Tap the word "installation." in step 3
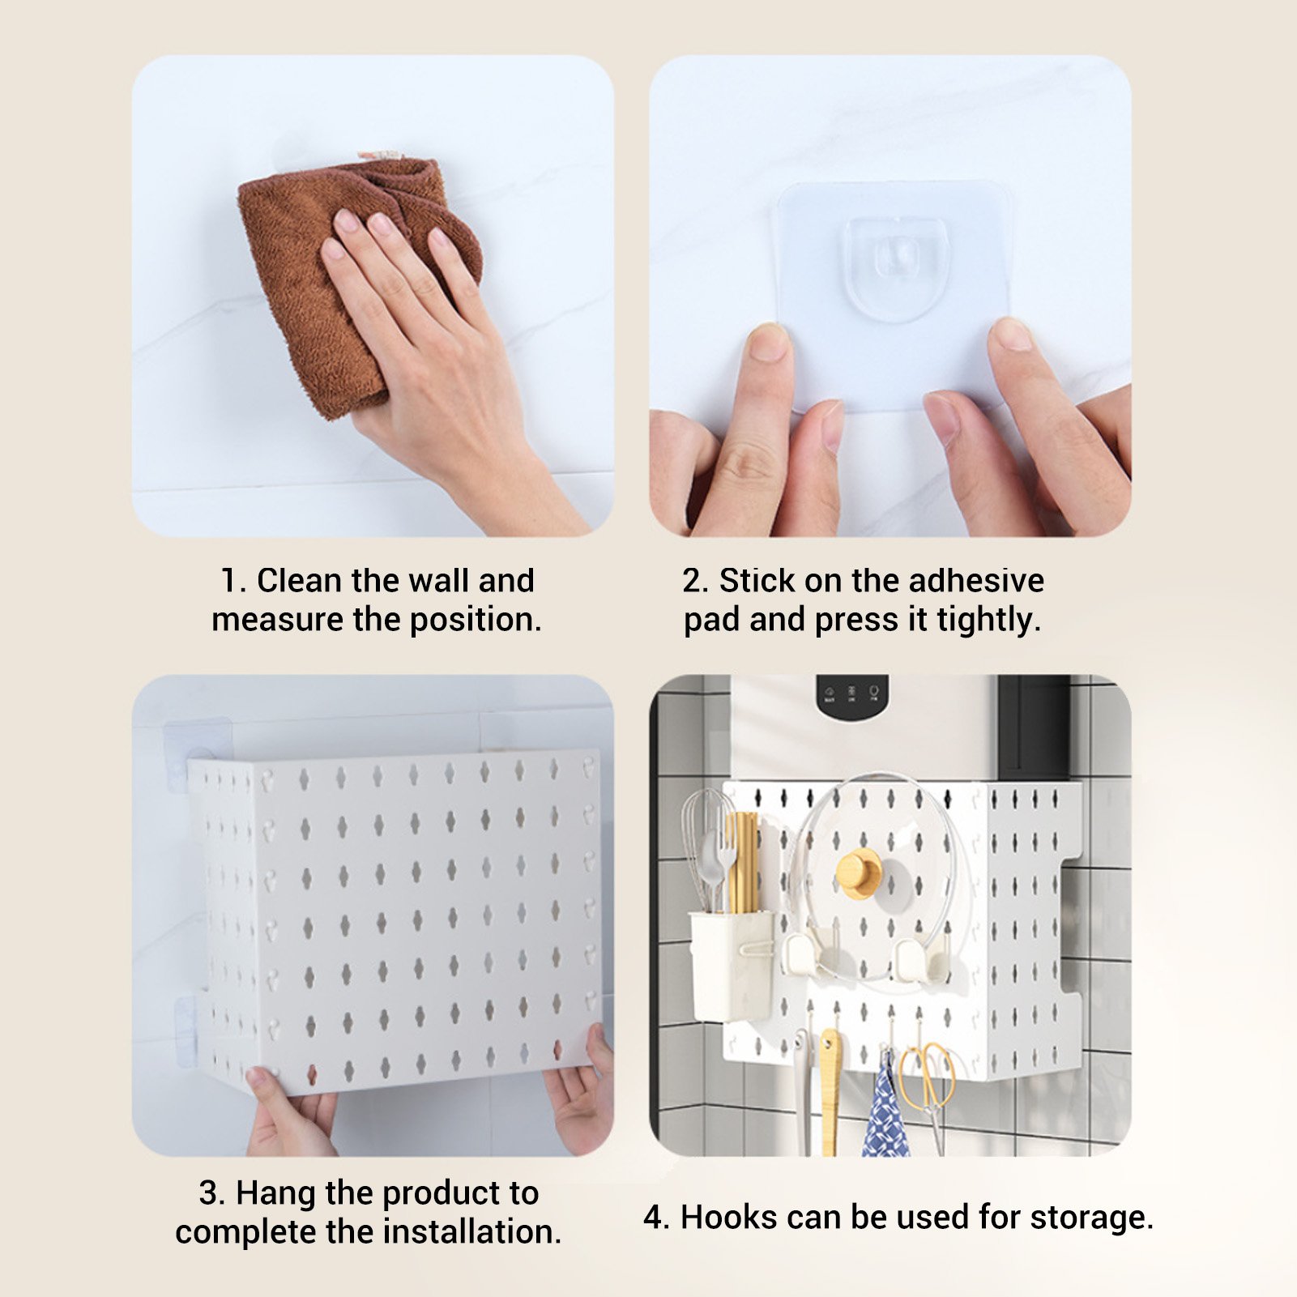click(x=472, y=1231)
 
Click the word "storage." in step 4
click(x=1092, y=1218)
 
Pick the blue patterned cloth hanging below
click(x=885, y=1106)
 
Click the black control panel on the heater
click(x=852, y=695)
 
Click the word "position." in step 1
click(x=476, y=621)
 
